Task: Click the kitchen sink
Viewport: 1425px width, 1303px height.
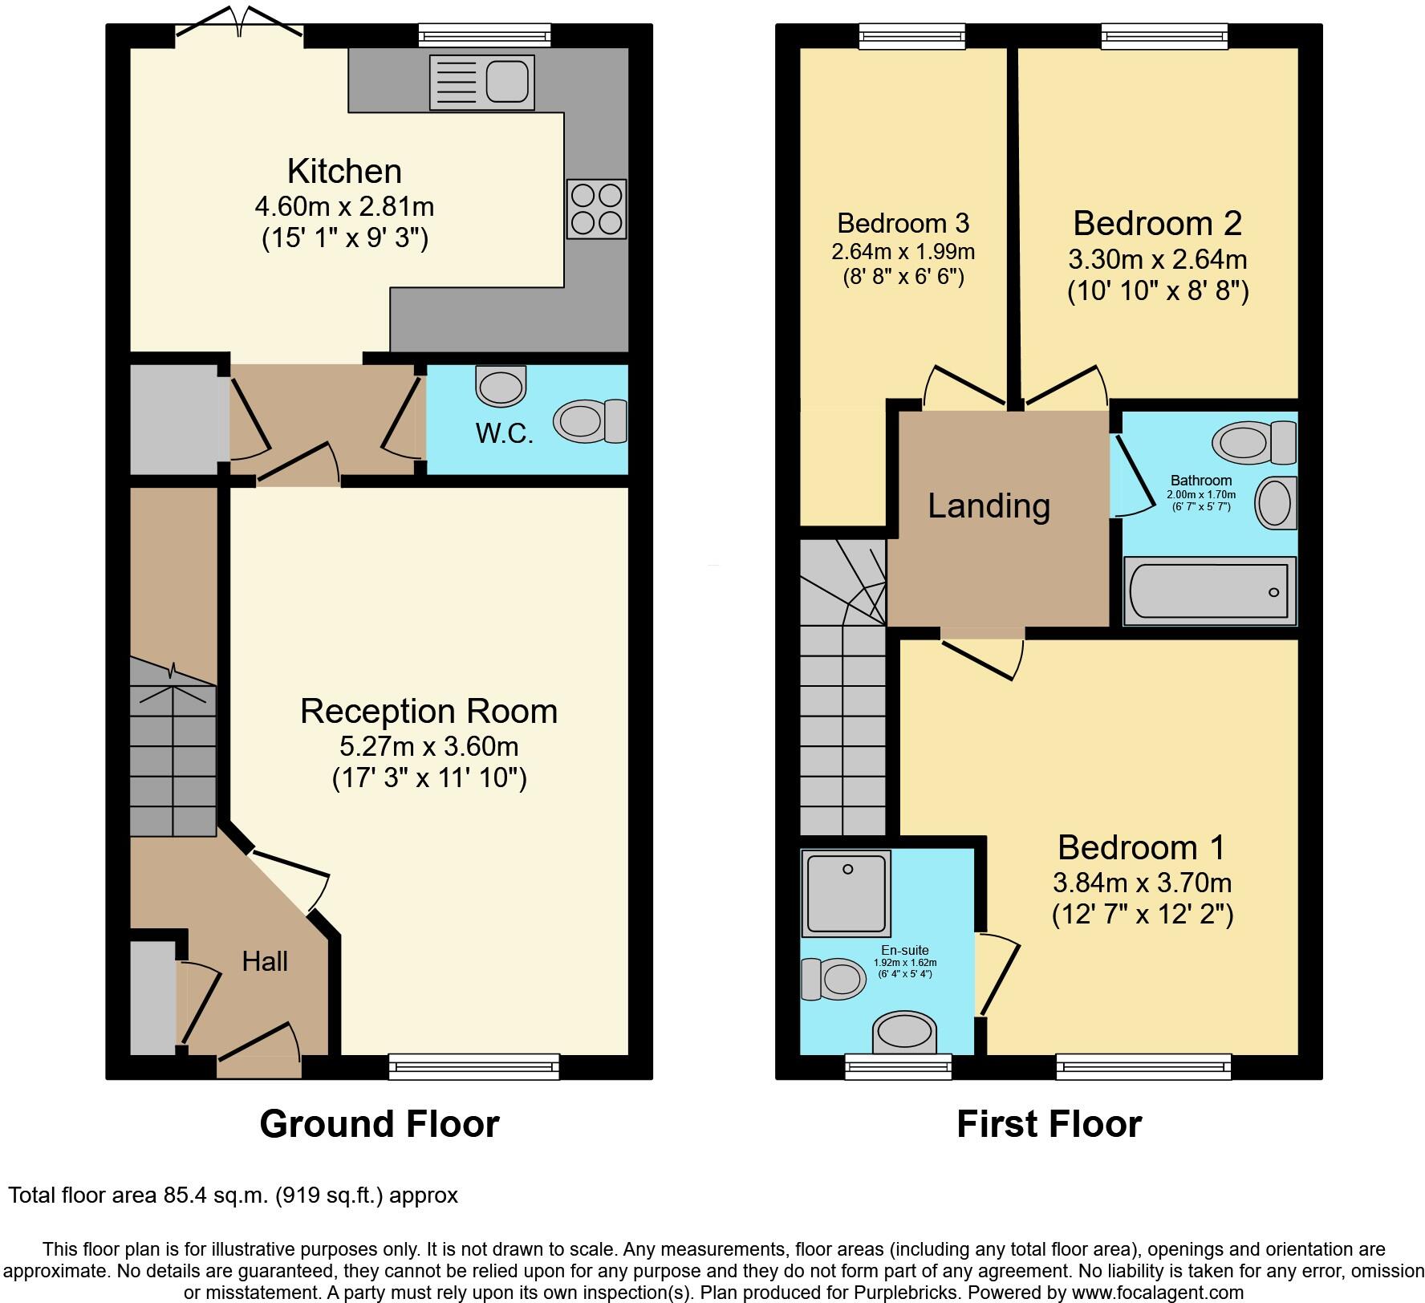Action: coord(481,82)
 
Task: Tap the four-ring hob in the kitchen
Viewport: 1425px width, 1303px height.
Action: coord(596,209)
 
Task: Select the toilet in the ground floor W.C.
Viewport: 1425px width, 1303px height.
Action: coord(590,420)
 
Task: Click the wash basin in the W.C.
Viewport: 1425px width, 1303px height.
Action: coord(501,386)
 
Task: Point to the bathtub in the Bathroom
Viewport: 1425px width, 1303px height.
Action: coord(1209,591)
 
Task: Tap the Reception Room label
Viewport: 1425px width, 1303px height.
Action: coord(428,712)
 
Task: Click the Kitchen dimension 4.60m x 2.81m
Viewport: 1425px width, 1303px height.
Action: coord(344,206)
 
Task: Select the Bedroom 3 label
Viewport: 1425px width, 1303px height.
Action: coord(903,222)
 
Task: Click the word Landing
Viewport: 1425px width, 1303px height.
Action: coord(989,506)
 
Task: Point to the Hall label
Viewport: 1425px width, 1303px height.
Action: coord(265,961)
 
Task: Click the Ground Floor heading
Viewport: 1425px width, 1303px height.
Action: coord(379,1124)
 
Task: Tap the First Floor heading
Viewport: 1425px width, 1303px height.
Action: coord(1049,1124)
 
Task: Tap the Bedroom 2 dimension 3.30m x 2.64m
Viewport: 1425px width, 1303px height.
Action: coord(1157,259)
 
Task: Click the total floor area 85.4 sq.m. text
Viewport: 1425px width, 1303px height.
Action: coord(233,1195)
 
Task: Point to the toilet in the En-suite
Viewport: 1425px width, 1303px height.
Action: coord(831,979)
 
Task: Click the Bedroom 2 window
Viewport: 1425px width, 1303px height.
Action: coord(1163,35)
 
